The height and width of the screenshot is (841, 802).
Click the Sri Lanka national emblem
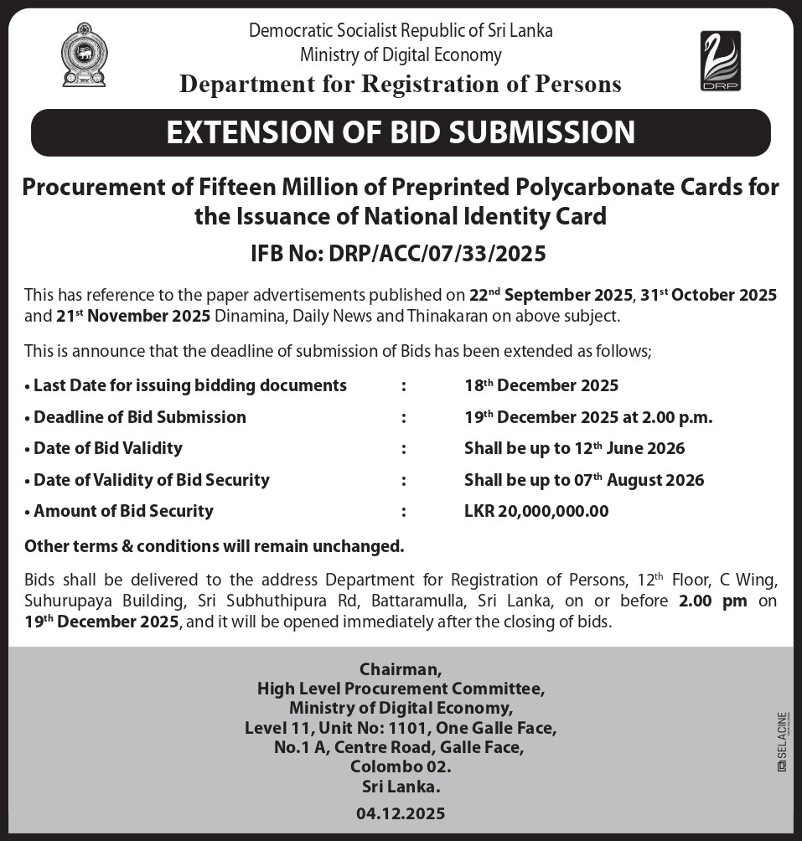[x=84, y=54]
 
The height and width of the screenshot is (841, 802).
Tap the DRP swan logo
[x=720, y=60]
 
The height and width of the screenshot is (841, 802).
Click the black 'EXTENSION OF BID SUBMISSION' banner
[x=401, y=132]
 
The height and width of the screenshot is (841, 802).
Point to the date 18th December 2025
[x=541, y=385]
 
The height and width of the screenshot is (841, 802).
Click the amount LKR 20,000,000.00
[x=536, y=511]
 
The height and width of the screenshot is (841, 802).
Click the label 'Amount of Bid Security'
[x=123, y=511]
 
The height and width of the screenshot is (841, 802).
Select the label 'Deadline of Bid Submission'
[x=140, y=417]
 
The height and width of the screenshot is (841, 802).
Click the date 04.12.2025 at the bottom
[x=401, y=813]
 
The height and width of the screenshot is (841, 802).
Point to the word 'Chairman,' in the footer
[x=401, y=669]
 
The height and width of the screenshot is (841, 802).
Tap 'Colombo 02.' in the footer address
[x=401, y=766]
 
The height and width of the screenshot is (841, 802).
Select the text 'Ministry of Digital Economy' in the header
[x=401, y=55]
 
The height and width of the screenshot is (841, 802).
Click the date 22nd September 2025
[x=551, y=295]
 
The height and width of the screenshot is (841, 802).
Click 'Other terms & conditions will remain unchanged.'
[x=215, y=546]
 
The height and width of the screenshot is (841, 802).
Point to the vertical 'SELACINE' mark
[x=781, y=741]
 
